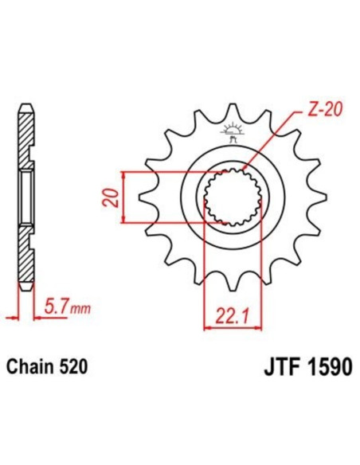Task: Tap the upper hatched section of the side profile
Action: point(27,135)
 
